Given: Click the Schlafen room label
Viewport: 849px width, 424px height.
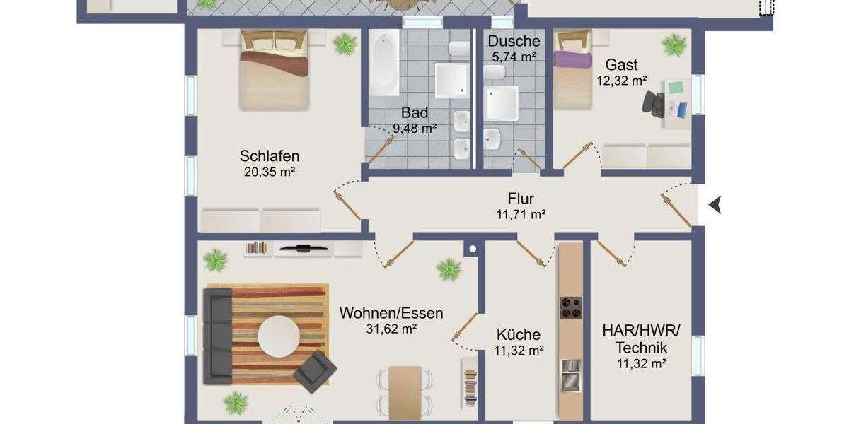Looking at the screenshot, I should [270, 156].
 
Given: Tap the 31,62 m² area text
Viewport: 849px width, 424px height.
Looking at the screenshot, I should [391, 329].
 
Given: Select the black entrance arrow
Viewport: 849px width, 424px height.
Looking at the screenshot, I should [716, 205].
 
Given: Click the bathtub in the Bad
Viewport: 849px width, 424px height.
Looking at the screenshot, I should [384, 66].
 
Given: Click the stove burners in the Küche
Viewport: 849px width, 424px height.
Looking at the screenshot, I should [571, 307].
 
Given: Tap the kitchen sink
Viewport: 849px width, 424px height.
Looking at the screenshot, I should [570, 375].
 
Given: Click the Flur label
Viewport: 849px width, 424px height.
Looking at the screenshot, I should [521, 199].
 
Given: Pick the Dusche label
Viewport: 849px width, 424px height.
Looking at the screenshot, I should [514, 42].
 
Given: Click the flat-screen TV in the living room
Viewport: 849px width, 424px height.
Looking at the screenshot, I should [303, 248].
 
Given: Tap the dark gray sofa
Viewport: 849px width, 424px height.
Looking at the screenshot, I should [216, 334].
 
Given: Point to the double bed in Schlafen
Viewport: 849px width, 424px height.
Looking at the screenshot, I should [274, 71].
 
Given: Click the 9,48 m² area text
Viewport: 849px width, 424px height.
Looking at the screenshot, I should [415, 128].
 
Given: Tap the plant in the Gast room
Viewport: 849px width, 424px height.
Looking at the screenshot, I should [673, 45].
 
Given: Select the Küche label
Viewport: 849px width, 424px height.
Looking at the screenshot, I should [518, 334].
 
